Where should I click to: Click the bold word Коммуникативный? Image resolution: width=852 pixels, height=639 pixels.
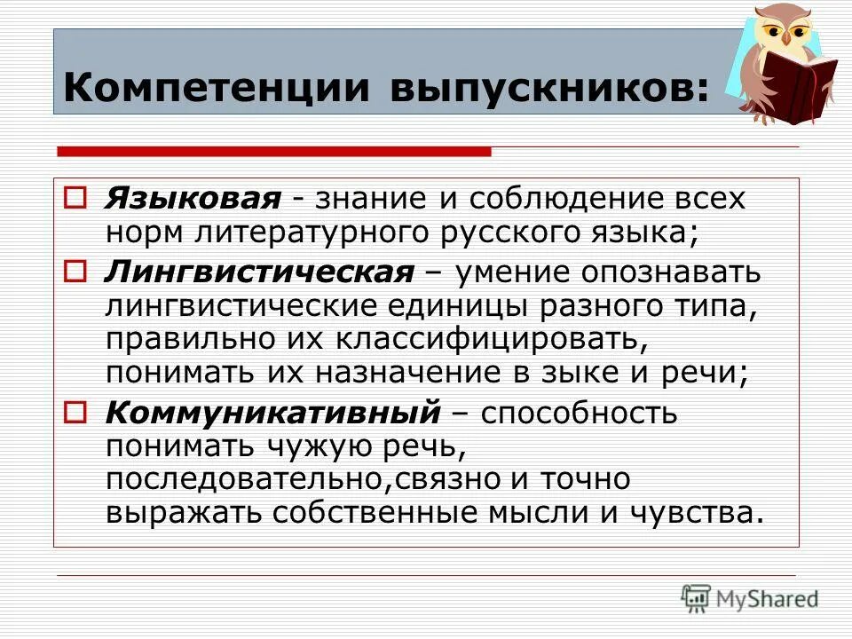coord(273,413)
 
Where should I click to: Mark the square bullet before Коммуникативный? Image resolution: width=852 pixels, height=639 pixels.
coord(75,412)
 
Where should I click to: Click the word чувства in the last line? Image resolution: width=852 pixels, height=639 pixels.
coord(697,513)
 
